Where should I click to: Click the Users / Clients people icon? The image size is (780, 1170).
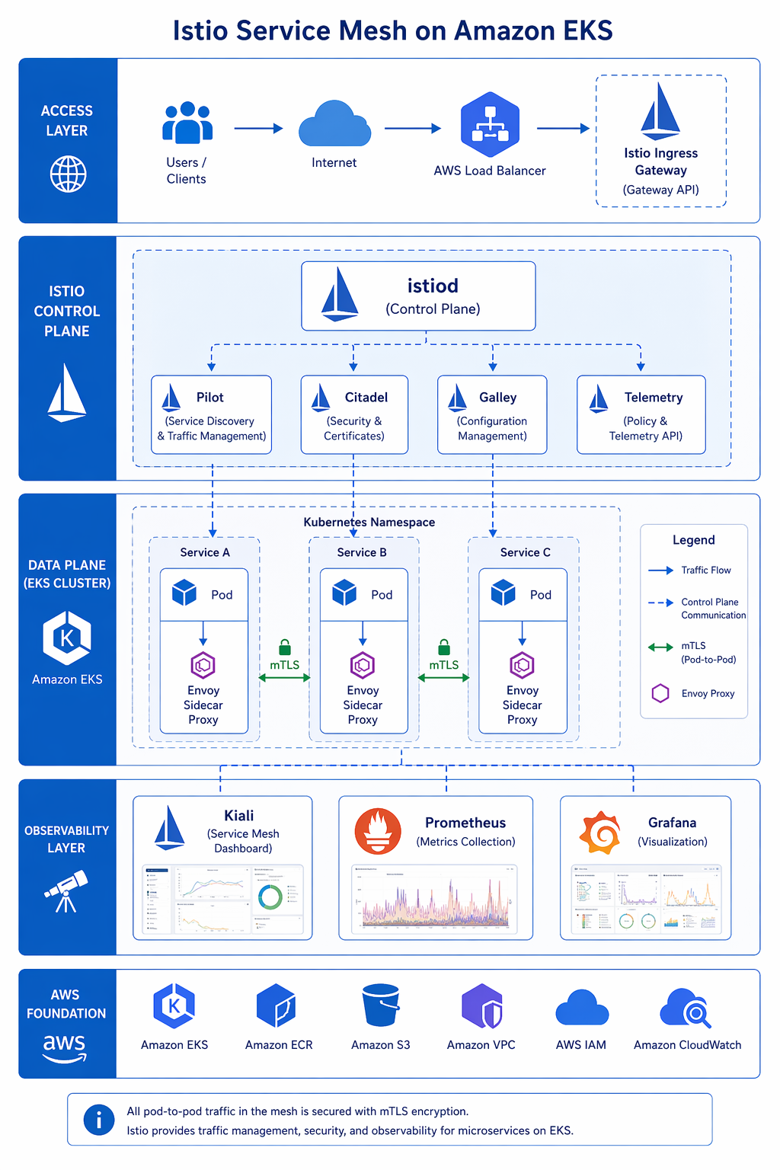point(187,123)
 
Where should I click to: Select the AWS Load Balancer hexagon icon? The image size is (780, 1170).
point(490,125)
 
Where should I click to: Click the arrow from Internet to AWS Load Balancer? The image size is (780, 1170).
point(412,129)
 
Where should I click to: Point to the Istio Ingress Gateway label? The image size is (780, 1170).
point(660,161)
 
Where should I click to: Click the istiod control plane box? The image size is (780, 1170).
point(418,296)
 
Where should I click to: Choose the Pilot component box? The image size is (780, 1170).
point(211,414)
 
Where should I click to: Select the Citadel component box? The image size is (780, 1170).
point(354,414)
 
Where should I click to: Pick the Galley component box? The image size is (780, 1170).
point(492,414)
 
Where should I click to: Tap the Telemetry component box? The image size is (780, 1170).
point(641,414)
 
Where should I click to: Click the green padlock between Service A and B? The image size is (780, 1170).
point(285,647)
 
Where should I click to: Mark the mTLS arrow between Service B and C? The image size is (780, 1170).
point(443,677)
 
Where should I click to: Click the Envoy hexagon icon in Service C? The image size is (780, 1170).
point(522,665)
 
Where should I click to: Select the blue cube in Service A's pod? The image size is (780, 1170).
point(184,593)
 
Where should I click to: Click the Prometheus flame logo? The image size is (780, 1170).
point(378,832)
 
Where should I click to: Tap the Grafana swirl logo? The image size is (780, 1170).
point(600,833)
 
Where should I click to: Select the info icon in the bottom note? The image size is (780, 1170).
point(99,1120)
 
